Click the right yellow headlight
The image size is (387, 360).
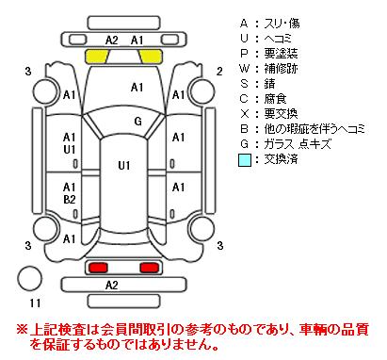pyautogui.click(x=151, y=56)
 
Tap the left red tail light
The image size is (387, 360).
pyautogui.click(x=98, y=268)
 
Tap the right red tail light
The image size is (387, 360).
pyautogui.click(x=149, y=268)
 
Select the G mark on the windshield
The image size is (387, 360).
pyautogui.click(x=137, y=121)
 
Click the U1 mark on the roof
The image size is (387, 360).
pyautogui.click(x=124, y=165)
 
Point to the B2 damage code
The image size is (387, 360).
pyautogui.click(x=70, y=199)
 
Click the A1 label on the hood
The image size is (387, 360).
pyautogui.click(x=137, y=87)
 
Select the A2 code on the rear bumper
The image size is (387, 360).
pyautogui.click(x=111, y=285)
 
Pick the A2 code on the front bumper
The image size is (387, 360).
pyautogui.click(x=111, y=40)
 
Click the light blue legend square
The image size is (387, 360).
pyautogui.click(x=245, y=159)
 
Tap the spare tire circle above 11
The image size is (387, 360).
pyautogui.click(x=29, y=278)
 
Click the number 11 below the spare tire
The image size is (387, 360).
pyautogui.click(x=35, y=303)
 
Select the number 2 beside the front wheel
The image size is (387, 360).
pyautogui.click(x=219, y=72)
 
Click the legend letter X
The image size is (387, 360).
pyautogui.click(x=244, y=114)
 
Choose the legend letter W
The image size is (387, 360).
pyautogui.click(x=244, y=69)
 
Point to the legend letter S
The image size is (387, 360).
pyautogui.click(x=244, y=84)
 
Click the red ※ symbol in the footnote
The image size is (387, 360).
pyautogui.click(x=23, y=330)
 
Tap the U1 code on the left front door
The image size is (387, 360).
pyautogui.click(x=70, y=150)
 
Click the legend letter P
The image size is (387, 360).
pyautogui.click(x=244, y=54)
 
